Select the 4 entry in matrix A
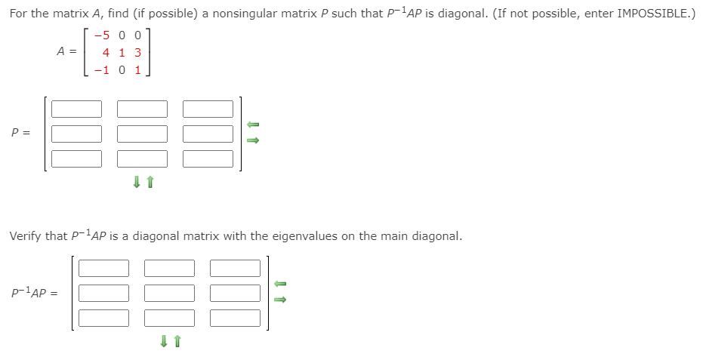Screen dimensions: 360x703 [x=106, y=52]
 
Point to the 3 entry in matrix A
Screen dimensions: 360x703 [x=137, y=52]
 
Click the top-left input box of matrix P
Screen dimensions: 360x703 [x=76, y=109]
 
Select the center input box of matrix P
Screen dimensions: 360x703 [x=142, y=134]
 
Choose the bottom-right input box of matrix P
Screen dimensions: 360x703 [x=208, y=158]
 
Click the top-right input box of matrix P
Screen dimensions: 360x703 [x=208, y=109]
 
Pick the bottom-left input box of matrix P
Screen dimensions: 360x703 [x=76, y=158]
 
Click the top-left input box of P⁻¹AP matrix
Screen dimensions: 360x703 [x=103, y=268]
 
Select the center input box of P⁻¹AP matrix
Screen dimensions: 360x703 [x=169, y=293]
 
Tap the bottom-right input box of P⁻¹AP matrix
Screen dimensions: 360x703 [x=235, y=318]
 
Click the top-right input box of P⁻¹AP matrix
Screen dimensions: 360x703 [x=235, y=268]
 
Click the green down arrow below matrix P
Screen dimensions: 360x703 [x=137, y=182]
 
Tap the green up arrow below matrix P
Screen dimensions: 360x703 [x=150, y=182]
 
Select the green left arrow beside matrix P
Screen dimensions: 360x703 [x=254, y=125]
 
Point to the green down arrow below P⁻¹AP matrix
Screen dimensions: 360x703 [x=164, y=341]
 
